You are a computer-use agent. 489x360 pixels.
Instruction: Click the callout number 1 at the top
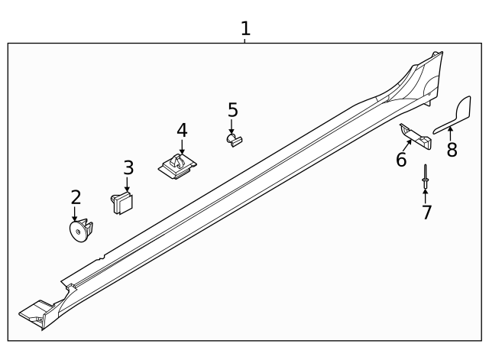pyautogui.click(x=245, y=28)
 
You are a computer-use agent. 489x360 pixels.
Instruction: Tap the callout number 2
pyautogui.click(x=76, y=197)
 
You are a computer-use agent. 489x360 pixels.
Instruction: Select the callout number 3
pyautogui.click(x=128, y=167)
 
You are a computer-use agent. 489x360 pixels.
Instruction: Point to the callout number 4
pyautogui.click(x=182, y=130)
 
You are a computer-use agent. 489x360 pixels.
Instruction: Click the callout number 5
pyautogui.click(x=233, y=110)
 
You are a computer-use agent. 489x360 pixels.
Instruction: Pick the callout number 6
pyautogui.click(x=401, y=159)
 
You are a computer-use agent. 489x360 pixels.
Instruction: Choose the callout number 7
pyautogui.click(x=426, y=212)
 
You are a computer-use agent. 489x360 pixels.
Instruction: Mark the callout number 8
pyautogui.click(x=452, y=150)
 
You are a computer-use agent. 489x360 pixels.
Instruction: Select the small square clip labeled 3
pyautogui.click(x=122, y=202)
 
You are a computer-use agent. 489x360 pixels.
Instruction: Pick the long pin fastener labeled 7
pyautogui.click(x=424, y=182)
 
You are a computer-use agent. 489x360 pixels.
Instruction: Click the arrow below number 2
pyautogui.click(x=75, y=214)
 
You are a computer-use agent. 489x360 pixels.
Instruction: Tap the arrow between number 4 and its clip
pyautogui.click(x=182, y=145)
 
